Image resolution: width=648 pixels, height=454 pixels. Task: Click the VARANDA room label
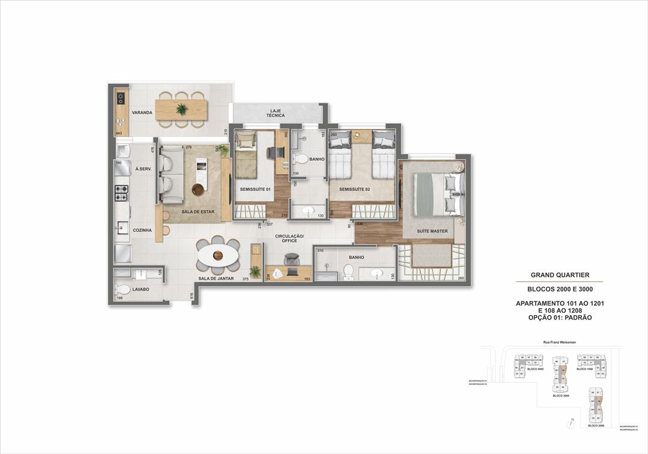coord(142,112)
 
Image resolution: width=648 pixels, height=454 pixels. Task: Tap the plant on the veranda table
coord(181,109)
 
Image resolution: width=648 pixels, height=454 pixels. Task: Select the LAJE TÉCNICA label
coord(277,112)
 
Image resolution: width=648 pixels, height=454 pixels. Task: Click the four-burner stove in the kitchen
coord(122,193)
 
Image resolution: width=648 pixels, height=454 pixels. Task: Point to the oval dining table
coord(218,256)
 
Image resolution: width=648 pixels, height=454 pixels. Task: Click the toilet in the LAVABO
coord(123,289)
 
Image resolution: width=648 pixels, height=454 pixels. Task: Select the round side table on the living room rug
coord(197,189)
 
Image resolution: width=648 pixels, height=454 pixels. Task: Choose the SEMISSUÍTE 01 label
coord(256,189)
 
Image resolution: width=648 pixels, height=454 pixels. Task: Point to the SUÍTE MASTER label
coord(433,231)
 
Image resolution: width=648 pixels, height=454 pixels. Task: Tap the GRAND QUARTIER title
coord(560,275)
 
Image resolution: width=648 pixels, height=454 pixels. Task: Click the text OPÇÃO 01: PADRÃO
coord(560,318)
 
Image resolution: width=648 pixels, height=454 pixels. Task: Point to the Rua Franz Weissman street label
coord(559,342)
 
